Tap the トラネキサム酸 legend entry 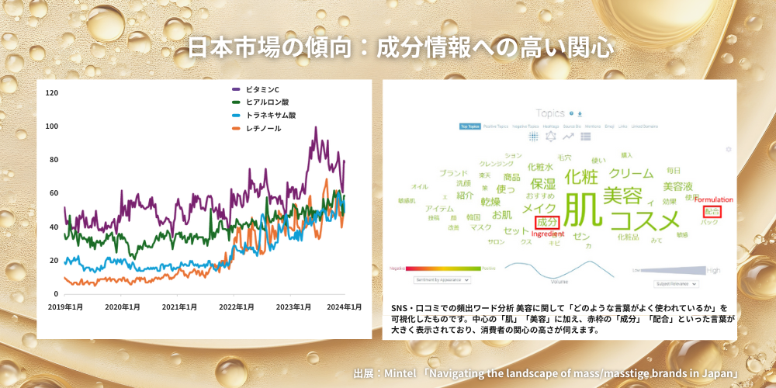pos(269,115)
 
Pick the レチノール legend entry pos(263,128)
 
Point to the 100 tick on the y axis pos(53,126)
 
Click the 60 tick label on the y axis pos(54,193)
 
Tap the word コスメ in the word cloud pos(645,222)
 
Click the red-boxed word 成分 pos(547,223)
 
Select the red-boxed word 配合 pos(712,210)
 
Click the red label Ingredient pos(548,234)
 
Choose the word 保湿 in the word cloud pos(543,184)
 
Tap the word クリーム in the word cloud pos(631,173)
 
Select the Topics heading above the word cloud pos(550,113)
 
